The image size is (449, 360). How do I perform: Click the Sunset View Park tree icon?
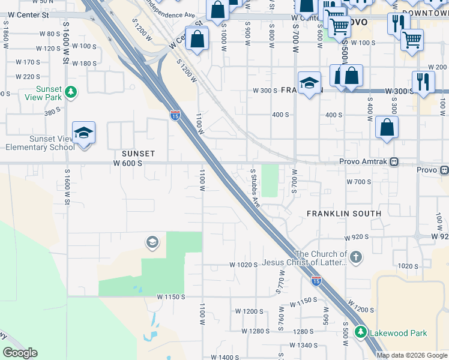(71, 92)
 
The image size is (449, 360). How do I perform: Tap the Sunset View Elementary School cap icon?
(83, 133)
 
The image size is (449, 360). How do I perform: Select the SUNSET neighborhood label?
(138, 154)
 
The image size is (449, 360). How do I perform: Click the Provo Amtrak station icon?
(394, 161)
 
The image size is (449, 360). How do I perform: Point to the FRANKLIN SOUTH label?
(343, 214)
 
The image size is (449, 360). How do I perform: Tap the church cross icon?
(356, 257)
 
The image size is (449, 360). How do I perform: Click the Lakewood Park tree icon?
(361, 331)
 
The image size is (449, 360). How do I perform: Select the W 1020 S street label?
(243, 265)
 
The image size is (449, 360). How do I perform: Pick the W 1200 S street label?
(249, 311)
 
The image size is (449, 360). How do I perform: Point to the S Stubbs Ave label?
(255, 188)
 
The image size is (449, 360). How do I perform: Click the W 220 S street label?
(28, 77)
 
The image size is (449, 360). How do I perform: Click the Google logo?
(19, 353)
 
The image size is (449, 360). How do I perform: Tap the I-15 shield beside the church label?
(316, 280)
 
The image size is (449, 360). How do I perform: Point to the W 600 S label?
(127, 163)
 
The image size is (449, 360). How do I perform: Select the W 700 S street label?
(360, 181)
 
